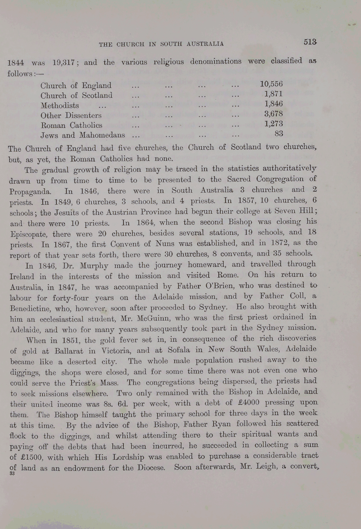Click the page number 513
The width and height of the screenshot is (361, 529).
point(310,42)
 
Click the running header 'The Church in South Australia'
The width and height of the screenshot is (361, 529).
point(161,44)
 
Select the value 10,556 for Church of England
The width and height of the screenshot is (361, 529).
point(271,84)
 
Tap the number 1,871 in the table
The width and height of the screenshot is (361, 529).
point(274,94)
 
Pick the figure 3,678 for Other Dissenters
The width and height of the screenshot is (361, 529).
point(274,114)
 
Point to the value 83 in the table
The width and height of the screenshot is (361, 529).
point(279,133)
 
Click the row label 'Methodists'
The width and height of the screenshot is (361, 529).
point(60,106)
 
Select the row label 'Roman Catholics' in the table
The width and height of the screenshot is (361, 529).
point(71,125)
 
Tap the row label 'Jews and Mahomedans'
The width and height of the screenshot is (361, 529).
point(83,135)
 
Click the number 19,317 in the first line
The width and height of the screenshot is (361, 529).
point(64,62)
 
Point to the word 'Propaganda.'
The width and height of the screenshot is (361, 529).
point(30,192)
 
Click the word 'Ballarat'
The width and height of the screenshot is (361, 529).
point(69,351)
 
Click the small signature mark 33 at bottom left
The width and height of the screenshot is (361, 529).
point(12,473)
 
